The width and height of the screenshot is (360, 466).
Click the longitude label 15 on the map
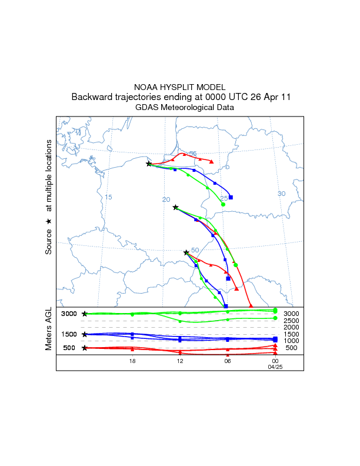[x=108, y=197]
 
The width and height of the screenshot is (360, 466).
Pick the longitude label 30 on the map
[x=281, y=194]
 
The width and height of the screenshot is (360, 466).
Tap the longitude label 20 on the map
[x=166, y=199]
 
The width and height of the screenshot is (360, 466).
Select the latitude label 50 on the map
[x=195, y=250]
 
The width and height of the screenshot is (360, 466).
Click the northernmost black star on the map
[x=149, y=164]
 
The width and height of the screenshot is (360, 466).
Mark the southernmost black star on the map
[x=186, y=252]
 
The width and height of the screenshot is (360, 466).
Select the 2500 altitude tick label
[x=291, y=321]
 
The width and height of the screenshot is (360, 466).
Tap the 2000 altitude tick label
[x=291, y=327]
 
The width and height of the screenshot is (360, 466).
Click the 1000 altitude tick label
[x=291, y=341]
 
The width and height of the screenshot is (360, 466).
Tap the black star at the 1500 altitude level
[x=85, y=334]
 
